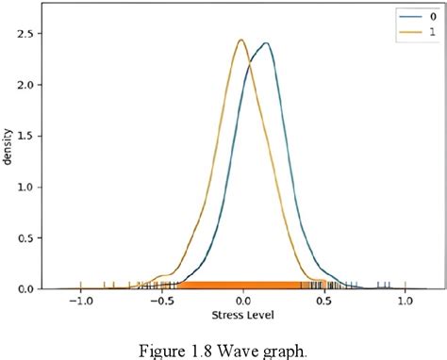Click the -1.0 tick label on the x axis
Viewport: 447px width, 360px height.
click(81, 303)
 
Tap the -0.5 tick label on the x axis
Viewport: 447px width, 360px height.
click(162, 303)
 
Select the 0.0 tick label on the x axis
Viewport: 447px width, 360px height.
click(244, 303)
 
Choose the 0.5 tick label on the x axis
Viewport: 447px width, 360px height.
click(324, 303)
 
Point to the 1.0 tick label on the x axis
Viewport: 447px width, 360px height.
click(406, 303)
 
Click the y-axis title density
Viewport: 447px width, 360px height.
click(8, 145)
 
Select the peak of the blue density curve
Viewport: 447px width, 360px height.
click(267, 43)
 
